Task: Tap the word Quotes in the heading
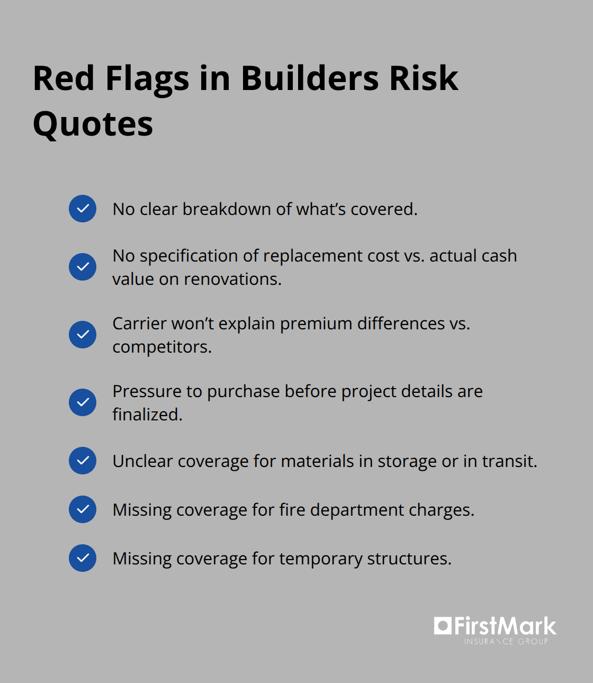tap(93, 124)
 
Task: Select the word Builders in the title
tap(310, 78)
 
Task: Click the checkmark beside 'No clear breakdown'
tap(83, 209)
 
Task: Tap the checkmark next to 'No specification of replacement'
tap(83, 267)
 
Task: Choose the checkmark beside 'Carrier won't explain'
tap(83, 335)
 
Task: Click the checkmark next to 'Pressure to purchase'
tap(83, 402)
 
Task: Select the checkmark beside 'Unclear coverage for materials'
tap(83, 461)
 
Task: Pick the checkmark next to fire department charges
tap(83, 509)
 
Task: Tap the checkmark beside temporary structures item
tap(83, 558)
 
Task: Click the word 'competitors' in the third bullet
tap(161, 347)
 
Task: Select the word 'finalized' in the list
tap(146, 415)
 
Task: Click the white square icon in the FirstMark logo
tap(442, 626)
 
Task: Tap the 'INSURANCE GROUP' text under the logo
tap(506, 642)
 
